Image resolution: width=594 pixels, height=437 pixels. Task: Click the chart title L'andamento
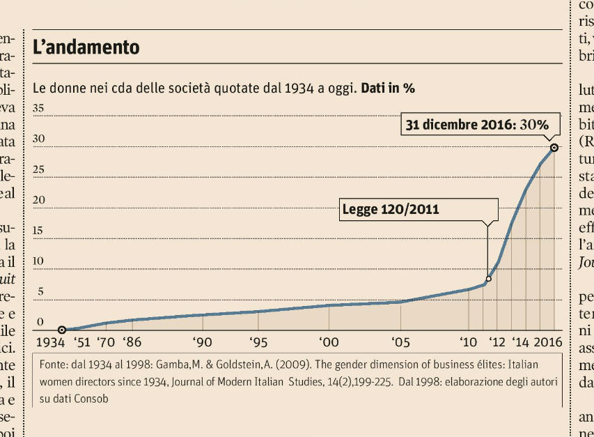[x=86, y=47]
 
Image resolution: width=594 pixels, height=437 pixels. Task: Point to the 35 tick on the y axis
[x=39, y=108]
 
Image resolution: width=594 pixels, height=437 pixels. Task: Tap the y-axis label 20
[x=39, y=200]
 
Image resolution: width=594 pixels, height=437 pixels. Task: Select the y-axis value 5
[x=41, y=292]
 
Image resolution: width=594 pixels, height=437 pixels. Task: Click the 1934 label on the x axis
[x=49, y=342]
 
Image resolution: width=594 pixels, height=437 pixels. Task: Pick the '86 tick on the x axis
[x=132, y=342]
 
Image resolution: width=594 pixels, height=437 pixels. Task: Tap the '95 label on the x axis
[x=258, y=342]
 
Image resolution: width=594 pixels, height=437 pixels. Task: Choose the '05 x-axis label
[x=400, y=342]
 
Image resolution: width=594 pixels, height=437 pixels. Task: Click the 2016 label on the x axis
[x=548, y=342]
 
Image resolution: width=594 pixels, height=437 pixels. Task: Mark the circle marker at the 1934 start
[x=62, y=330]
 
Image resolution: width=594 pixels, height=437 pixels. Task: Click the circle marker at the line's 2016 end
[x=554, y=147]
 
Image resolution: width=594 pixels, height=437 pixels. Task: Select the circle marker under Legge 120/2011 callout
[x=488, y=279]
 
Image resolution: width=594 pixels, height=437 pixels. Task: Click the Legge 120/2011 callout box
[x=419, y=209]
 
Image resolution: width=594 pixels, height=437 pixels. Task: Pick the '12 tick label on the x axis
[x=497, y=342]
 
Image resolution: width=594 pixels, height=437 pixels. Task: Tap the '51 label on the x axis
[x=83, y=342]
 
